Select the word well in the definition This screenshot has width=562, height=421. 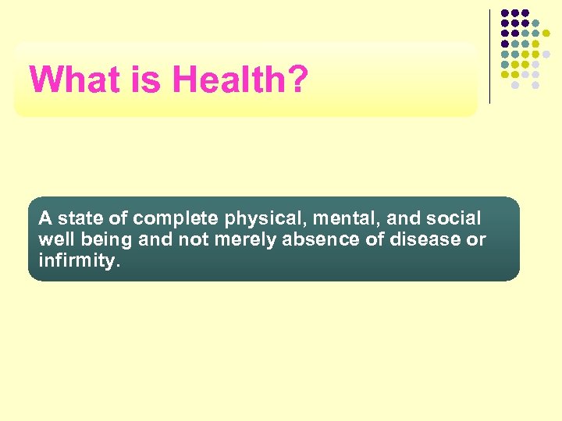54,239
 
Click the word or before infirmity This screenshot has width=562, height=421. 476,239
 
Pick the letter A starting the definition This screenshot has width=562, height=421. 44,218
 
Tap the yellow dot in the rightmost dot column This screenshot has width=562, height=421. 546,34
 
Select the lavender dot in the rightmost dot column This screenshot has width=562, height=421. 546,54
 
